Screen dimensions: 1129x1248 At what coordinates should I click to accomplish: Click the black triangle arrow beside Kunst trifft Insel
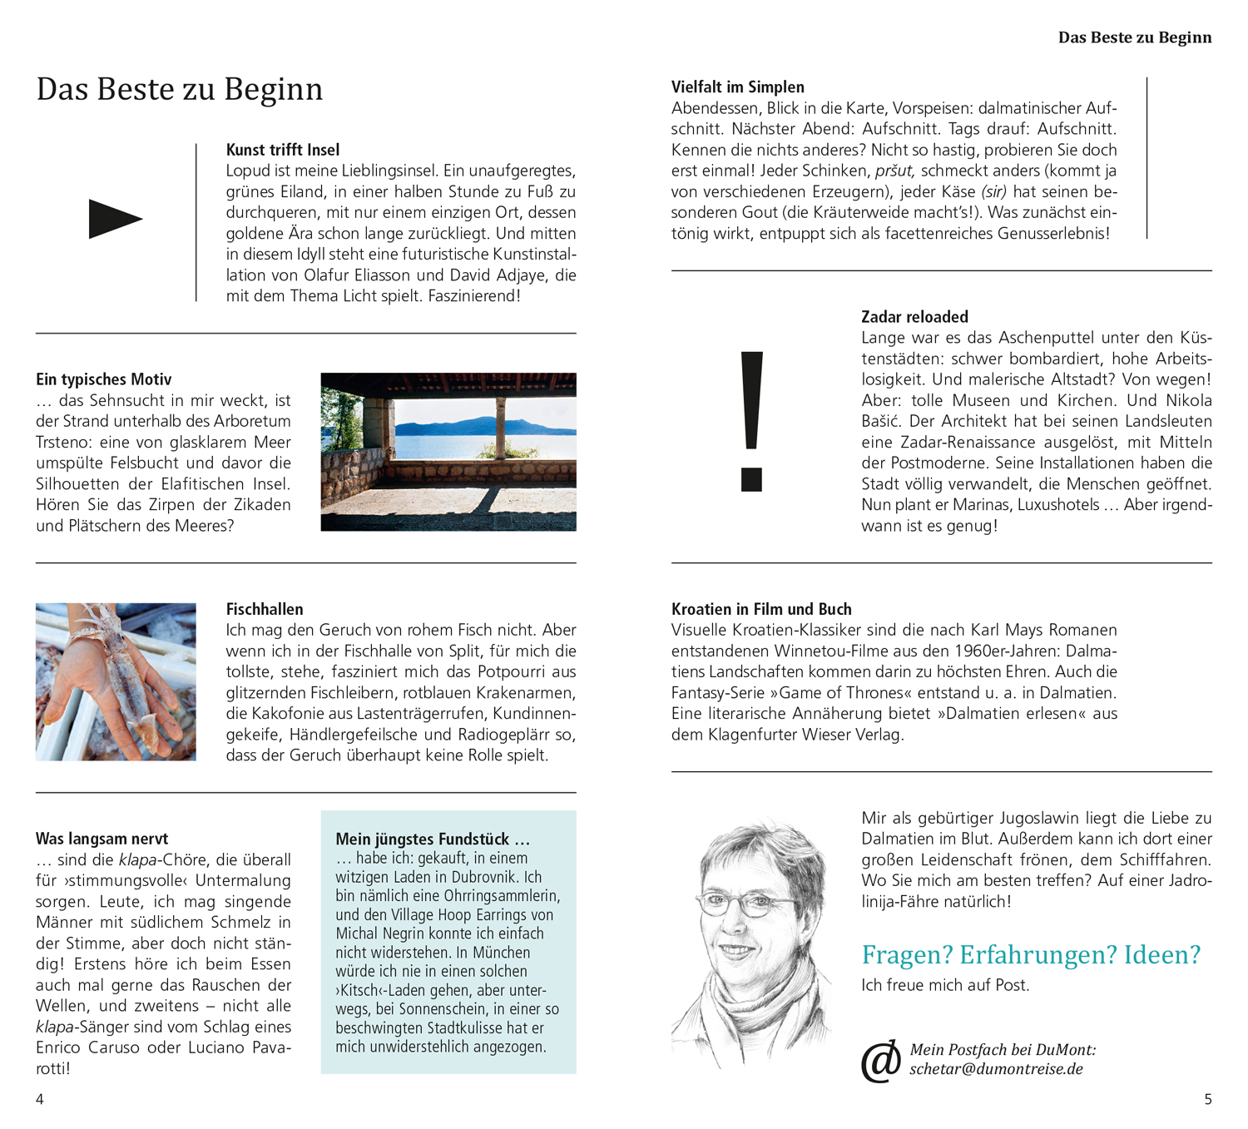click(114, 219)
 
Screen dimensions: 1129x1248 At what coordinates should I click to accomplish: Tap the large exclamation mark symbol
click(751, 420)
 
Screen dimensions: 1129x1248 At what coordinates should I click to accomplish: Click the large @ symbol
click(880, 1061)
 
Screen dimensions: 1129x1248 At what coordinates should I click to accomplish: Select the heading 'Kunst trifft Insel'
click(283, 150)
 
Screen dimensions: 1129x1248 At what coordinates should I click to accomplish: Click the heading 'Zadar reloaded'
click(914, 317)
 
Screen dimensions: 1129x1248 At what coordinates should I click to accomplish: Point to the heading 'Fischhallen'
click(265, 609)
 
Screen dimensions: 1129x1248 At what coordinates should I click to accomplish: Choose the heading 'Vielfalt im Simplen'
click(737, 87)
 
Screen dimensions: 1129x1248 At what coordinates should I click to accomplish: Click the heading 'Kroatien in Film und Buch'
click(761, 609)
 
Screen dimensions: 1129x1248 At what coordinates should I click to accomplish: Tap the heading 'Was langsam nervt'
click(102, 839)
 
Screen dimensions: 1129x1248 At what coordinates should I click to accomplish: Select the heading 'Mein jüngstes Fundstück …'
click(433, 839)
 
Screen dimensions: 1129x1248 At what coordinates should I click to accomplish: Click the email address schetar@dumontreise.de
click(996, 1069)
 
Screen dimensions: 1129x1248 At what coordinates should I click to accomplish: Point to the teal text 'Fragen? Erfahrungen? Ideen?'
click(1031, 954)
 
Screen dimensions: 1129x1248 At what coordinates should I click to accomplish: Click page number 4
click(39, 1099)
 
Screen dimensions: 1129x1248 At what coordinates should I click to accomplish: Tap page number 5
click(1208, 1099)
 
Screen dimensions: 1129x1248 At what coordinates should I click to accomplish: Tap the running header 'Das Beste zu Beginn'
click(1134, 37)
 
